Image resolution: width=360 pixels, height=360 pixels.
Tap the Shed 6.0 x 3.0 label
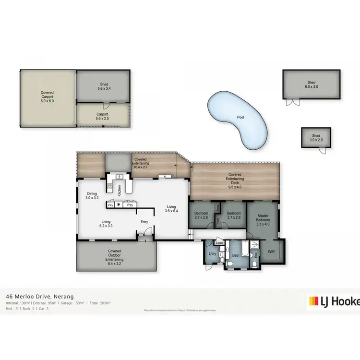312,84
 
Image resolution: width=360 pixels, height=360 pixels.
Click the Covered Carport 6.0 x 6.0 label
47,97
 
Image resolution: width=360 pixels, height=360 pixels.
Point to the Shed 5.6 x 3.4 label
104,86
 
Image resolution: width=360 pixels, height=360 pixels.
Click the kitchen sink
119,177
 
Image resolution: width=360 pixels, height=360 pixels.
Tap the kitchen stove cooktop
110,186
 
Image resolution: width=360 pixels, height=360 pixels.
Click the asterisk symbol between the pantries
119,204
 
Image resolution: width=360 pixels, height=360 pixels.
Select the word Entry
144,221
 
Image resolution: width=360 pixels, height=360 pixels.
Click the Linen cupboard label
219,243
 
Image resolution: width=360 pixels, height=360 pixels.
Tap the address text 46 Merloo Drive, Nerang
39,297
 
